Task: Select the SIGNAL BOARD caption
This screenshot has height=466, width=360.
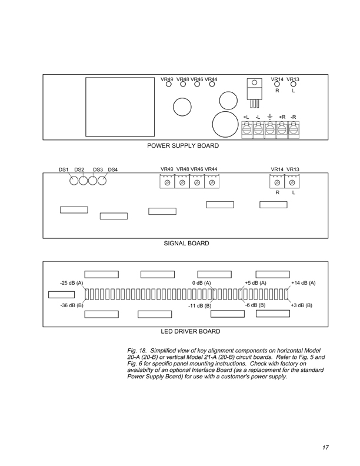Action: pyautogui.click(x=186, y=242)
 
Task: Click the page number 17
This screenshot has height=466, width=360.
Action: pyautogui.click(x=325, y=447)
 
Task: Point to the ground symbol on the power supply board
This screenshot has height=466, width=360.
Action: pyautogui.click(x=269, y=118)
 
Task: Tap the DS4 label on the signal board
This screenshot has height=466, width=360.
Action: pyautogui.click(x=113, y=170)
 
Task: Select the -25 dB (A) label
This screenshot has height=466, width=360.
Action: pyautogui.click(x=72, y=283)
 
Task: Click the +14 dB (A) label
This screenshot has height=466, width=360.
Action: pyautogui.click(x=304, y=283)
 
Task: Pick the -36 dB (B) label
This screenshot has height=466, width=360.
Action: pyautogui.click(x=72, y=305)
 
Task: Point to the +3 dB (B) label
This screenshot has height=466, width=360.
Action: pyautogui.click(x=301, y=305)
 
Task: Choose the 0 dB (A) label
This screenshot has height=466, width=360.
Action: pyautogui.click(x=201, y=283)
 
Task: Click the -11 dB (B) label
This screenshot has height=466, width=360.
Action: pyautogui.click(x=199, y=307)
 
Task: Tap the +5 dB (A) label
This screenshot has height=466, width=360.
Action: pyautogui.click(x=255, y=283)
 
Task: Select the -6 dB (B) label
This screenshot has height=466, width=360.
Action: pyautogui.click(x=255, y=305)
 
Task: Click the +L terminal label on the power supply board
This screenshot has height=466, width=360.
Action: pyautogui.click(x=246, y=118)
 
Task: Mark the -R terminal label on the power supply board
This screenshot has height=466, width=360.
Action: pyautogui.click(x=294, y=118)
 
